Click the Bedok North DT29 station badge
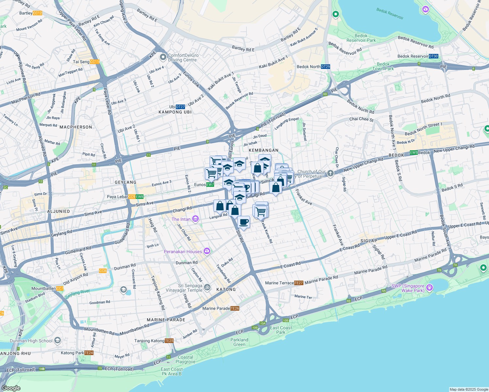[x=325, y=67]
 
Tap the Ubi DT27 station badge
[x=180, y=107]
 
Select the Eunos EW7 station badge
[x=210, y=185]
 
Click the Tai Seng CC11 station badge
[x=94, y=62]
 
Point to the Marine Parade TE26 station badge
[x=235, y=308]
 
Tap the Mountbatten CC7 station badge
[x=60, y=288]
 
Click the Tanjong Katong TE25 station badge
[x=169, y=341]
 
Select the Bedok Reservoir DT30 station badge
[x=433, y=56]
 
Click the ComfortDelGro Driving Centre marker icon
[x=163, y=57]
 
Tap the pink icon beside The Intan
[x=195, y=219]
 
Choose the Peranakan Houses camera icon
[x=207, y=251]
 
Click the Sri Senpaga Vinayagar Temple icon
[x=207, y=287]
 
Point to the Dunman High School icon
[x=58, y=341]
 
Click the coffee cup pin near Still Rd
[x=244, y=222]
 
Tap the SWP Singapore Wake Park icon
[x=430, y=288]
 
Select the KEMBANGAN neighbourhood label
[x=263, y=150]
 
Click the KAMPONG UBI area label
[x=175, y=112]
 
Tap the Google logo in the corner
[x=11, y=388]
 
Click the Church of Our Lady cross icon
[x=330, y=173]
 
